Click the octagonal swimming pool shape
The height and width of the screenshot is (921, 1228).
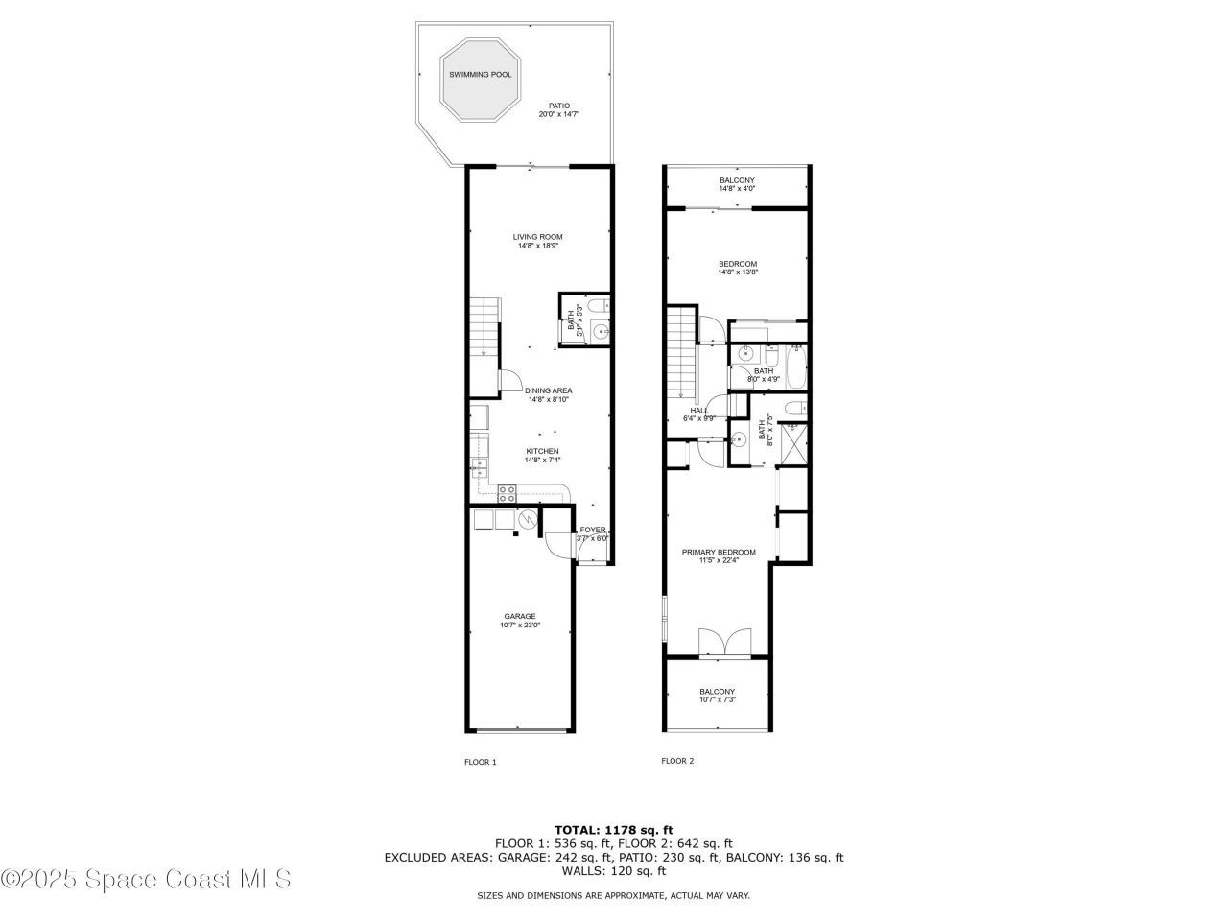480,82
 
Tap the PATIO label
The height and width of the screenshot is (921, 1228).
558,110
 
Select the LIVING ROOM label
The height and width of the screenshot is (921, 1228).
537,241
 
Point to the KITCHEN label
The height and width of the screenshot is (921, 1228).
541,456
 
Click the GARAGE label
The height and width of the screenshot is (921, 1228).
520,621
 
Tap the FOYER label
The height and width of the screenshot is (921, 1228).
592,533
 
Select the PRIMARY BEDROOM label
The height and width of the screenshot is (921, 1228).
718,556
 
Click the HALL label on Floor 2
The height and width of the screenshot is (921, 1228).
698,413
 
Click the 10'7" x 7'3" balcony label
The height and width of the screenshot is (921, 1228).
717,696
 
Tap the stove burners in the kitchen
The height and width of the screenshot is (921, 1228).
508,493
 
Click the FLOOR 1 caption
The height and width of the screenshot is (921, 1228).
480,763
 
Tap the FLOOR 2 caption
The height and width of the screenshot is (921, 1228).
677,761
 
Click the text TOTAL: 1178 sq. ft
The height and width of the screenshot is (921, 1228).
614,830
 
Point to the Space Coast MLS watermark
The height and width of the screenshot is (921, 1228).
146,879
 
